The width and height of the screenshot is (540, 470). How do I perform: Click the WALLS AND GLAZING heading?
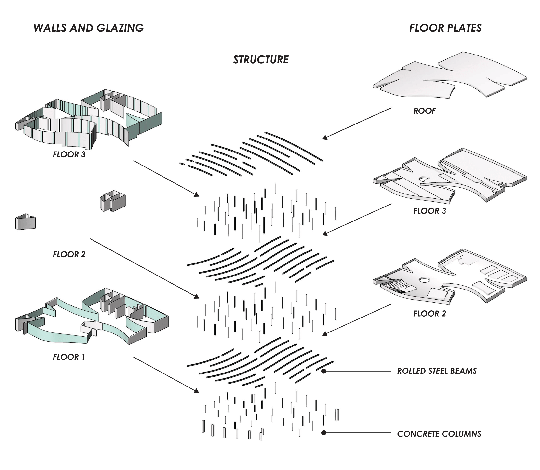pos(89,28)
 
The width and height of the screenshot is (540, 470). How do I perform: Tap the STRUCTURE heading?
pos(261,60)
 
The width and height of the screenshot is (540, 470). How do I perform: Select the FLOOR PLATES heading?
pos(445,28)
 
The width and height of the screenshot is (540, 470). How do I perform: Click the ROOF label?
pos(424,111)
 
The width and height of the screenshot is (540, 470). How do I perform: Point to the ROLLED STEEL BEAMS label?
pos(437,371)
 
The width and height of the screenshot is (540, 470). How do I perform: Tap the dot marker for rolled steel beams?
pos(324,371)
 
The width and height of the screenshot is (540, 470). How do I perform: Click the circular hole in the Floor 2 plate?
pos(424,280)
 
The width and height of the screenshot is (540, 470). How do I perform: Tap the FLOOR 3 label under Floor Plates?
pos(429,211)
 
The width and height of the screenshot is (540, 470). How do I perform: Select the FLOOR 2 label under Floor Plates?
pos(429,313)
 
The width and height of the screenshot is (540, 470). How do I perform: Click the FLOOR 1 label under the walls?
pos(69,357)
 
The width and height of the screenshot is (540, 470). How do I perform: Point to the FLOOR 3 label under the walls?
pos(69,154)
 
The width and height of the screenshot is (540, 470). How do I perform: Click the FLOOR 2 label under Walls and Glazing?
pos(69,254)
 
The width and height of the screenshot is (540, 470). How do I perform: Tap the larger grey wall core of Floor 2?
pos(113,201)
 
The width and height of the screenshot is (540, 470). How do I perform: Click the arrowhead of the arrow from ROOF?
pos(325,138)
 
